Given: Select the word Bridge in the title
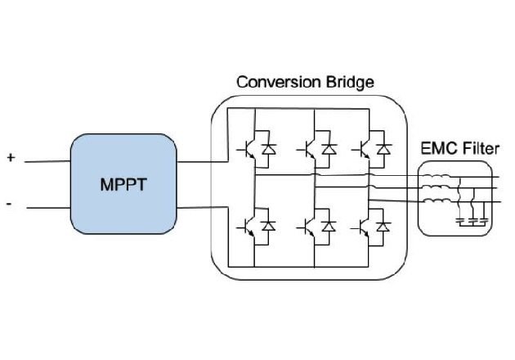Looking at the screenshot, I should [344, 83].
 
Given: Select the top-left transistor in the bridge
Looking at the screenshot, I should [249, 149].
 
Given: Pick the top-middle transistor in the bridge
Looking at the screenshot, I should [310, 149].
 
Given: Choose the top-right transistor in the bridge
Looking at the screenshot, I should [365, 149].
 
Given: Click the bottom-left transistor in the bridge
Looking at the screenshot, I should [249, 227].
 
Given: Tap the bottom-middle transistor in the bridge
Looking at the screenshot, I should [310, 227].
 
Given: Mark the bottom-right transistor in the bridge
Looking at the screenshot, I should [365, 227].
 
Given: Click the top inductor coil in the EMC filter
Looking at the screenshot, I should [437, 176].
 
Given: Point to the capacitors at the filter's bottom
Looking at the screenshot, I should [472, 220].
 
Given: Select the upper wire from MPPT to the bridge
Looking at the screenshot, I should [196, 161].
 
